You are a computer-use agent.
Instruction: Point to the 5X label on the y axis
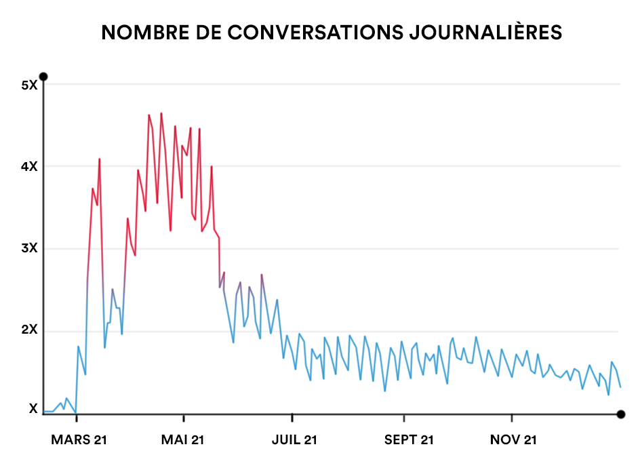coord(29,85)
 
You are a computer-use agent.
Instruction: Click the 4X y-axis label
coord(29,167)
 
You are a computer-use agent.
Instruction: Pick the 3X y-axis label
coord(29,249)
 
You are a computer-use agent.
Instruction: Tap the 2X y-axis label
coord(29,331)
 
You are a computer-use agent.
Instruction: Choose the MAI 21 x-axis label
coord(183,440)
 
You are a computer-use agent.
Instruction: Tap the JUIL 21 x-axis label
coord(294,440)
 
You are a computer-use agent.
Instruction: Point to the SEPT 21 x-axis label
coord(408,440)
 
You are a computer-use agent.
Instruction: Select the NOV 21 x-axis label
coord(513,440)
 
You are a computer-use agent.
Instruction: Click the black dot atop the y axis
coord(43,76)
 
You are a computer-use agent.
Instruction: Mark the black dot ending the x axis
coord(620,414)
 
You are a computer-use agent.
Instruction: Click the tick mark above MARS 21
coord(76,417)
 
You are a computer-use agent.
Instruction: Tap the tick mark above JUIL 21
coord(292,417)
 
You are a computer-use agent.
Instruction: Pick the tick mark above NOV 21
coord(513,417)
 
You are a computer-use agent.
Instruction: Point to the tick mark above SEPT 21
coord(404,417)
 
